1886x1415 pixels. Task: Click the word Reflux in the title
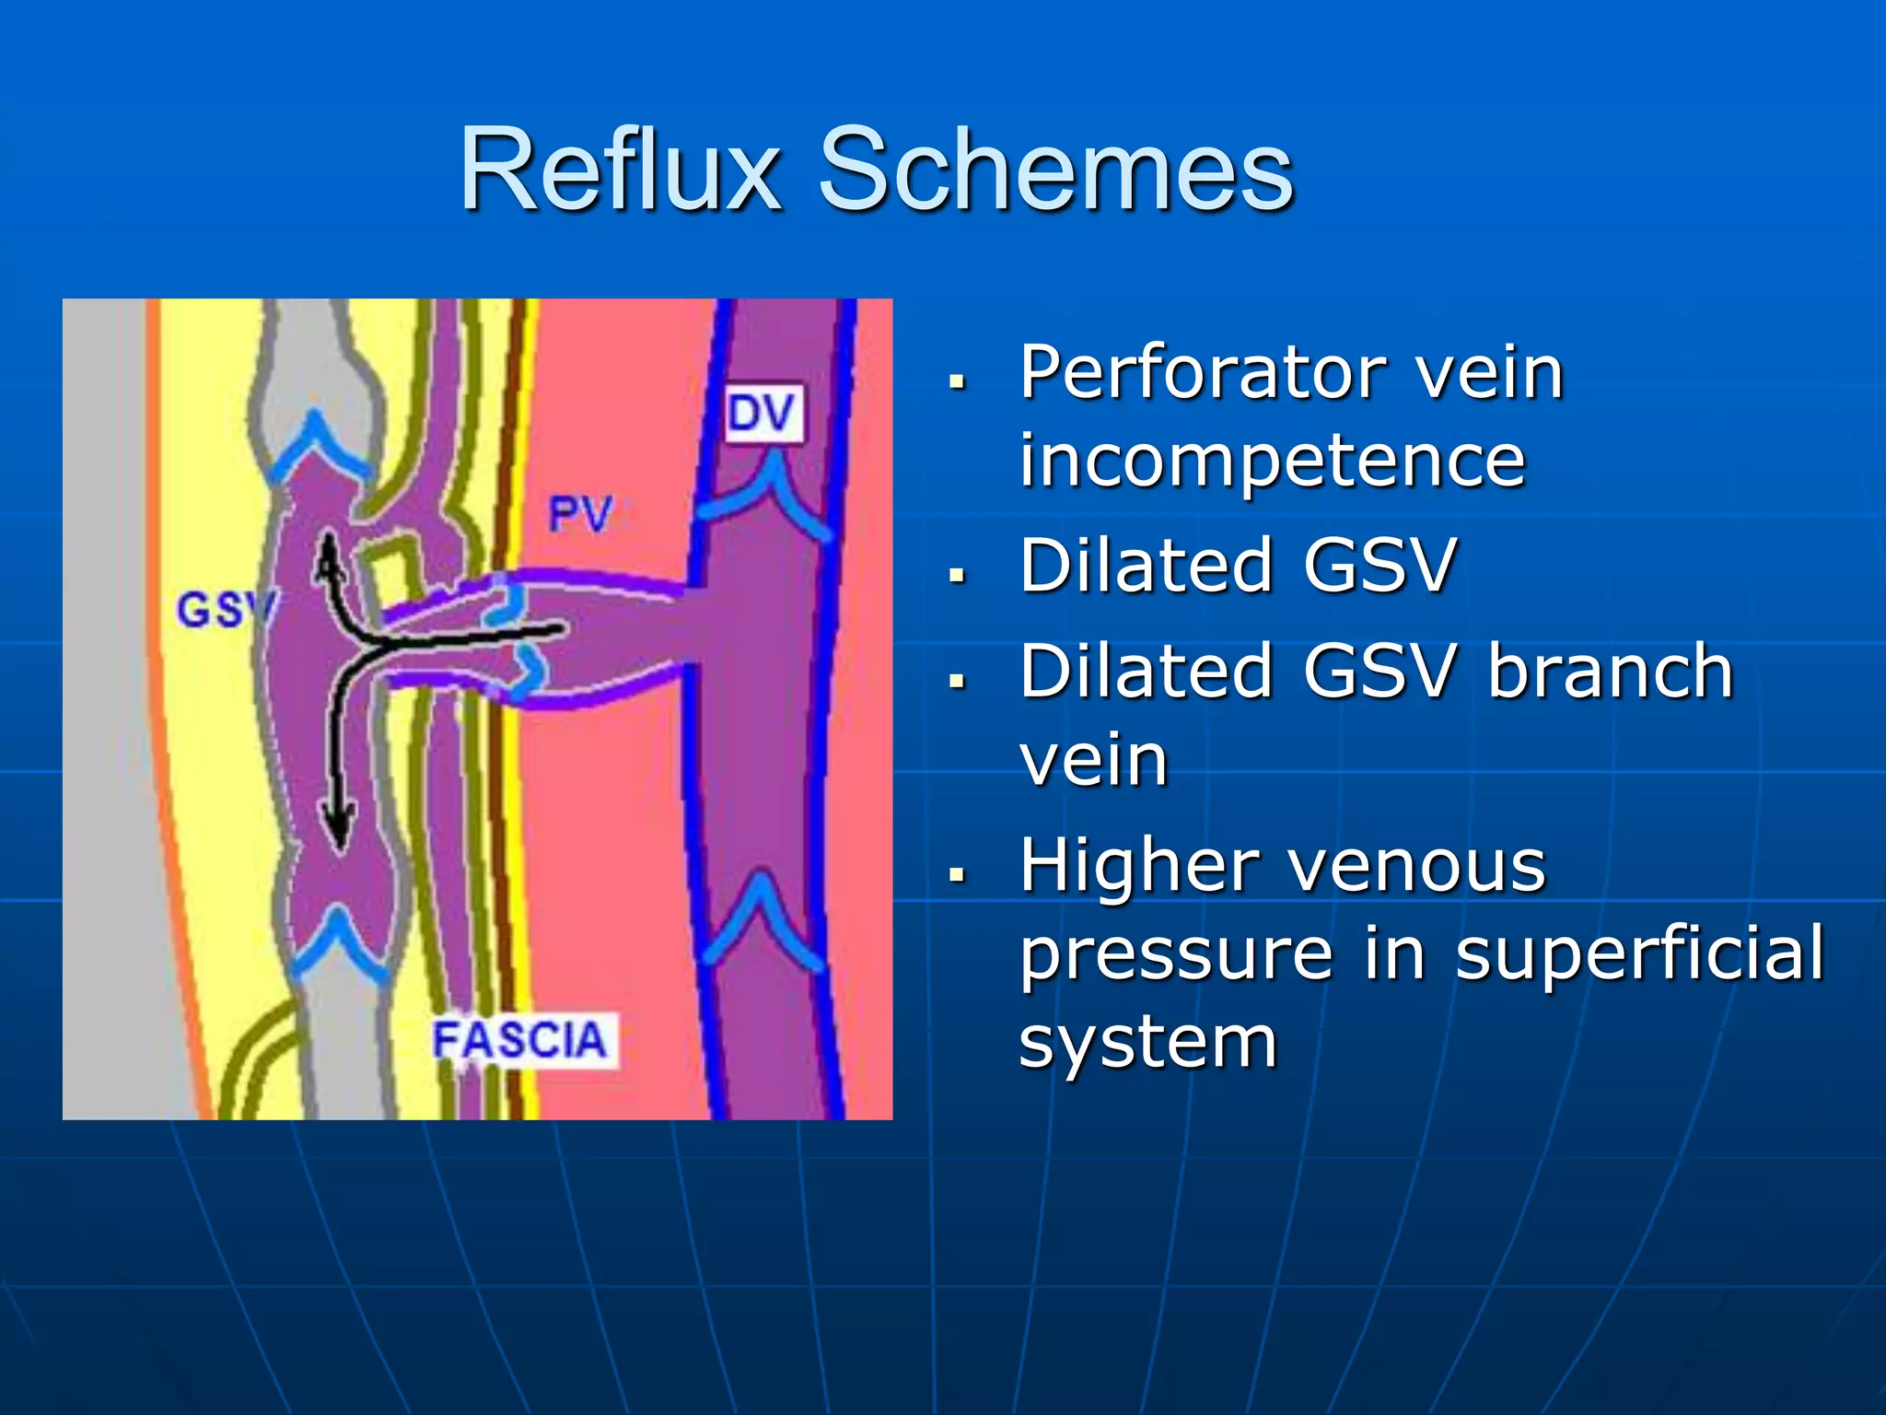tap(620, 170)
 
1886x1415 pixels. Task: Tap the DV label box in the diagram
tap(763, 414)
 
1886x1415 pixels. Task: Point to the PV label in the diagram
tap(580, 513)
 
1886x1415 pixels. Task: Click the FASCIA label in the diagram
tap(520, 1041)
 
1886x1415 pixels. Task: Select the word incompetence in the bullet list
tap(1272, 460)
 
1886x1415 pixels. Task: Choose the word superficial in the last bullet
tap(1640, 953)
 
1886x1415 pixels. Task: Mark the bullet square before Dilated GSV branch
tap(958, 681)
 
